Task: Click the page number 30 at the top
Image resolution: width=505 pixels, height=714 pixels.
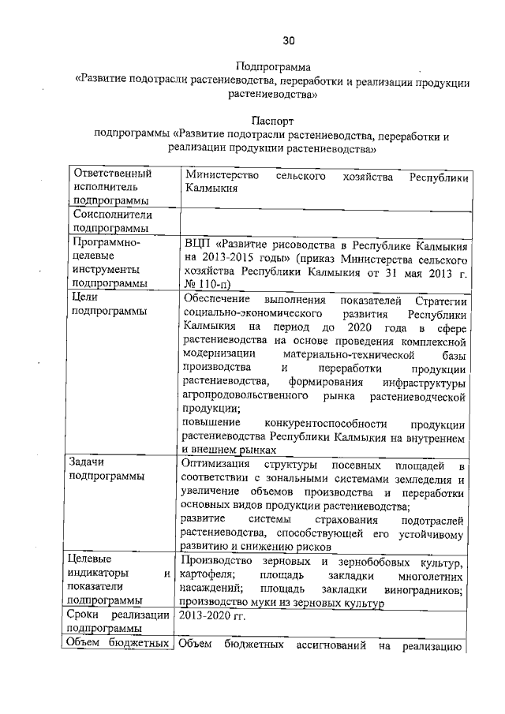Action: [289, 40]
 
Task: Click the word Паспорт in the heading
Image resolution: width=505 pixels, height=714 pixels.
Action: [273, 121]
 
